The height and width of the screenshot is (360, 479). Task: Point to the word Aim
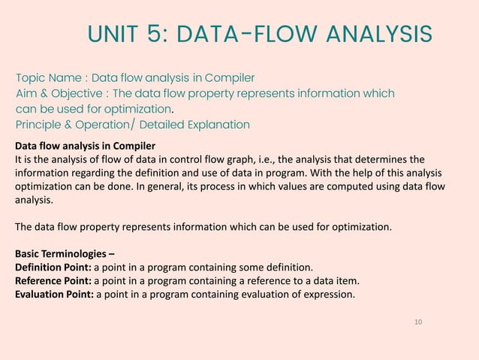tap(27, 93)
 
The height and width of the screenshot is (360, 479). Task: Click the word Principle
tap(38, 125)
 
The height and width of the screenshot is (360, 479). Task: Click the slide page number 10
tap(418, 322)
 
